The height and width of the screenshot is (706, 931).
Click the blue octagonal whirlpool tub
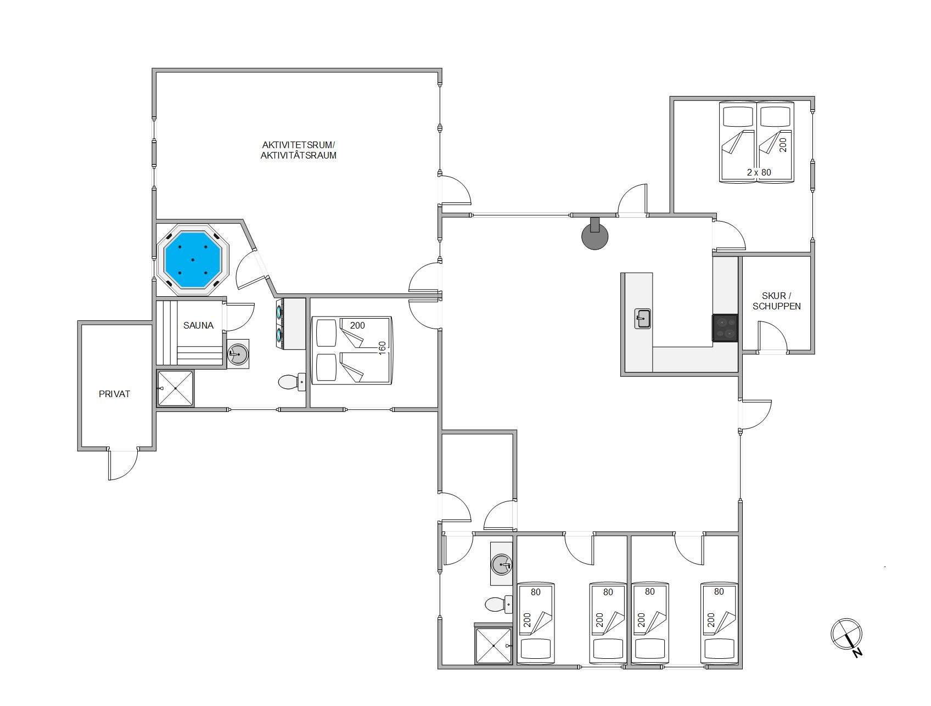click(193, 259)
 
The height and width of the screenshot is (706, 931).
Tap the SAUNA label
click(198, 325)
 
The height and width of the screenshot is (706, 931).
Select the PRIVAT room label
click(114, 394)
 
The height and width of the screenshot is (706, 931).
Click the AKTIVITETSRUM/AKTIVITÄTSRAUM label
click(298, 150)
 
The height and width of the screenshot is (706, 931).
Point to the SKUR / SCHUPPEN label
click(776, 301)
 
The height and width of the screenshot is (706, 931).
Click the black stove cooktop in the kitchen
click(725, 328)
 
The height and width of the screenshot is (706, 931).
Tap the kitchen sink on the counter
click(643, 318)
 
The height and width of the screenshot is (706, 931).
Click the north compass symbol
click(847, 636)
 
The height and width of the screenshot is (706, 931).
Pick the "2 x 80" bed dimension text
click(759, 172)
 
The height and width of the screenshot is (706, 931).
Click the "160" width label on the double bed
click(383, 348)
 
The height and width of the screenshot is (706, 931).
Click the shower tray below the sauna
click(176, 388)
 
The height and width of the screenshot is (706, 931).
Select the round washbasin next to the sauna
click(238, 353)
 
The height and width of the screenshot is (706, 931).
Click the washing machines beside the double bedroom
click(290, 324)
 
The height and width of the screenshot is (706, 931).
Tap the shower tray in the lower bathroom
click(493, 646)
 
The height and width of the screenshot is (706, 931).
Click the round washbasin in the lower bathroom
click(501, 564)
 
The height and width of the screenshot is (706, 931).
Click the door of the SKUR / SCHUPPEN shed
click(772, 337)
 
